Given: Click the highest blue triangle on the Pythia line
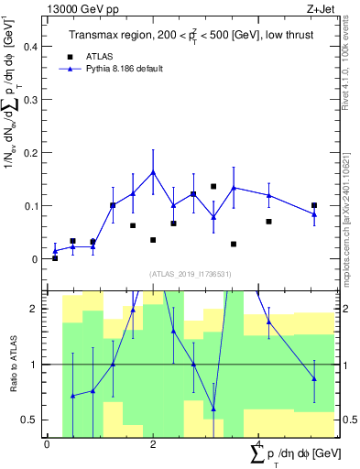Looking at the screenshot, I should tap(153, 171).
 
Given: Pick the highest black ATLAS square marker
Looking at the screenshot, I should tap(213, 186).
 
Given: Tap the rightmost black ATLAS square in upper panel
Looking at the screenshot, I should tap(314, 205).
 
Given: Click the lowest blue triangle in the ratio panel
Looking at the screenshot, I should tap(213, 409).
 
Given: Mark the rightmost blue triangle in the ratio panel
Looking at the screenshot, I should tap(314, 378).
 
